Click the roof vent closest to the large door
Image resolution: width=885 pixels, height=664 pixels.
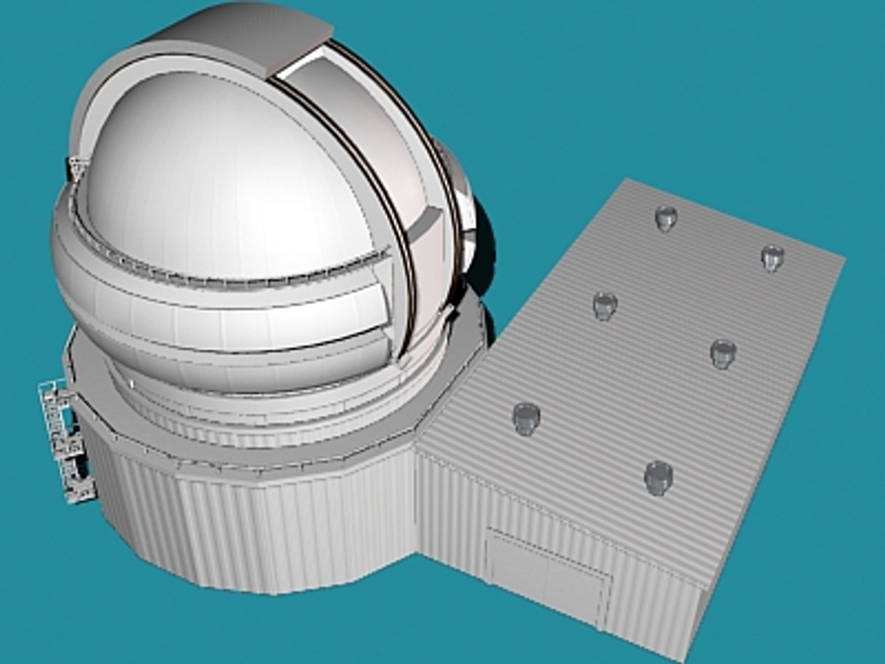[x=658, y=476]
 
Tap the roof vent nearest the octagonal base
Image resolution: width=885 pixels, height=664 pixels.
[x=525, y=417]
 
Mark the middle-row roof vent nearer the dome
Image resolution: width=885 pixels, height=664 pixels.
[x=605, y=304]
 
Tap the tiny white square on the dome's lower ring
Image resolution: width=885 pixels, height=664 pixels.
[x=130, y=384]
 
